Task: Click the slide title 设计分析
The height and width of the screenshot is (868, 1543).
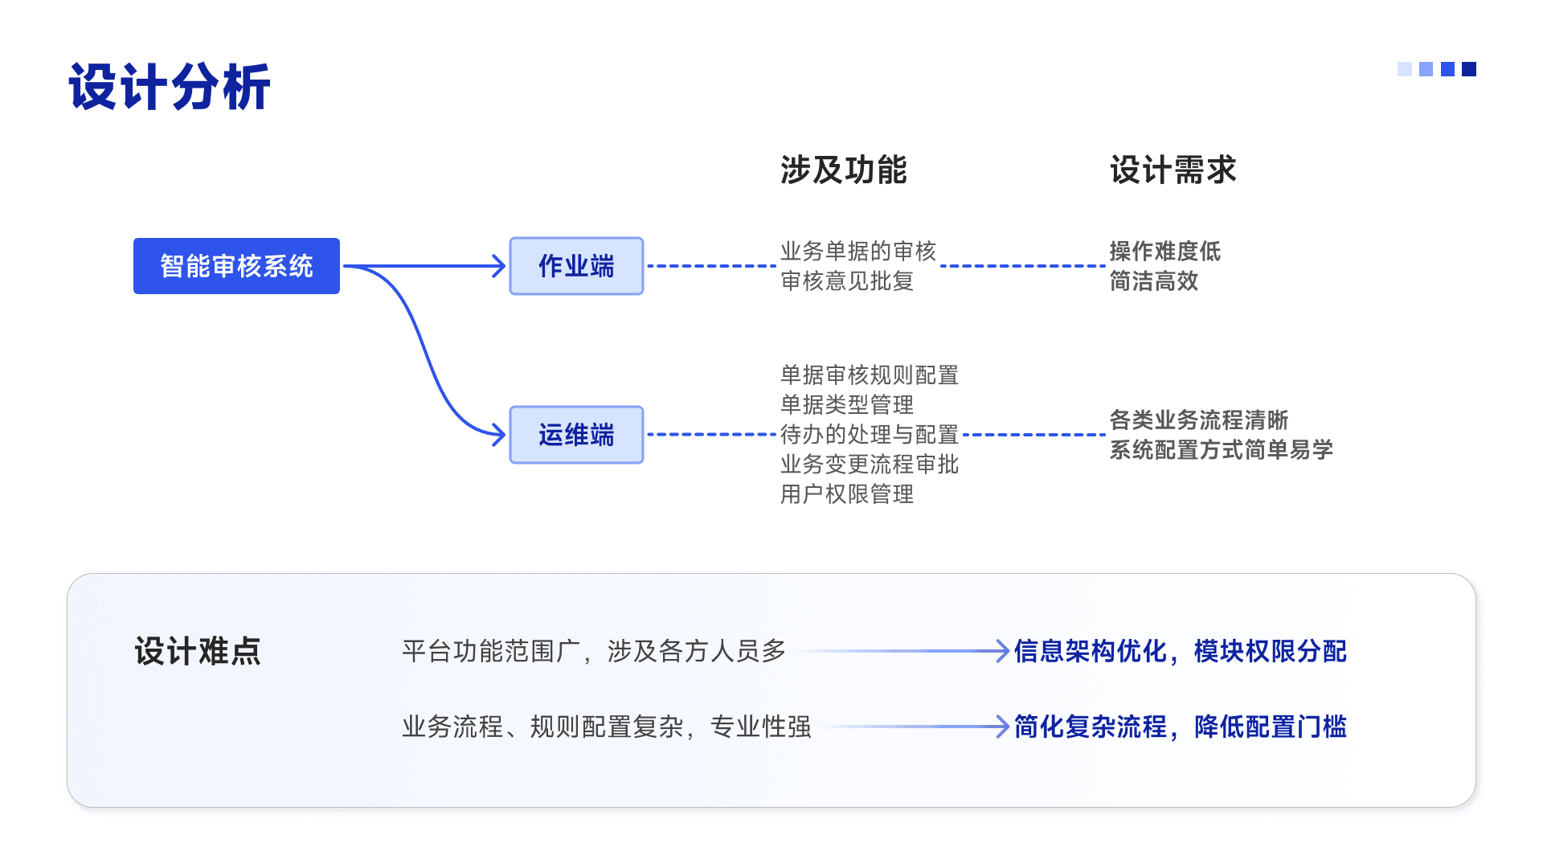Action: click(170, 87)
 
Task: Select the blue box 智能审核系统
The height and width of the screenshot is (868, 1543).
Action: click(236, 266)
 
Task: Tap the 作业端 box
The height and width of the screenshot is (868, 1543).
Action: click(576, 266)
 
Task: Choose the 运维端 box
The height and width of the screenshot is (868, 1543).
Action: click(576, 435)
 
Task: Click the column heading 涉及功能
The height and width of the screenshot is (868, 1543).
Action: click(843, 170)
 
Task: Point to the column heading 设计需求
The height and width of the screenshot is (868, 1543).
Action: click(1173, 170)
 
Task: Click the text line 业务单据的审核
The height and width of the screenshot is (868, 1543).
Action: click(858, 252)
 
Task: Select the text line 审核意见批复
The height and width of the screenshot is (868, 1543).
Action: click(847, 281)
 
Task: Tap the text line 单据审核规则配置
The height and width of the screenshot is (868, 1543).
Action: click(870, 375)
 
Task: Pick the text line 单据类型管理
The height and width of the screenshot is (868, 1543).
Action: click(847, 405)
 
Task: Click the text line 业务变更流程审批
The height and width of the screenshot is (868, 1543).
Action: click(870, 465)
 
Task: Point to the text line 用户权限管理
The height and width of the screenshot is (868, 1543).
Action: click(847, 494)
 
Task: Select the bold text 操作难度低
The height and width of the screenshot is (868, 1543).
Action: click(1164, 252)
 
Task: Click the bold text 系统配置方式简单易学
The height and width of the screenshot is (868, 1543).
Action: click(1221, 450)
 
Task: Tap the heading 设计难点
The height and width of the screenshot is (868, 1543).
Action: click(198, 651)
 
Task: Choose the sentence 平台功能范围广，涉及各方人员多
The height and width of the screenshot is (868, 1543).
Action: click(594, 651)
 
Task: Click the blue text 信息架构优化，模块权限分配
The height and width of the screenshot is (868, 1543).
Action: click(1180, 651)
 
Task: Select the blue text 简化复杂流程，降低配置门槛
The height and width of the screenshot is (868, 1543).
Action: click(1180, 727)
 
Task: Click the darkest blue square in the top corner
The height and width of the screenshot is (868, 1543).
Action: click(1469, 69)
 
